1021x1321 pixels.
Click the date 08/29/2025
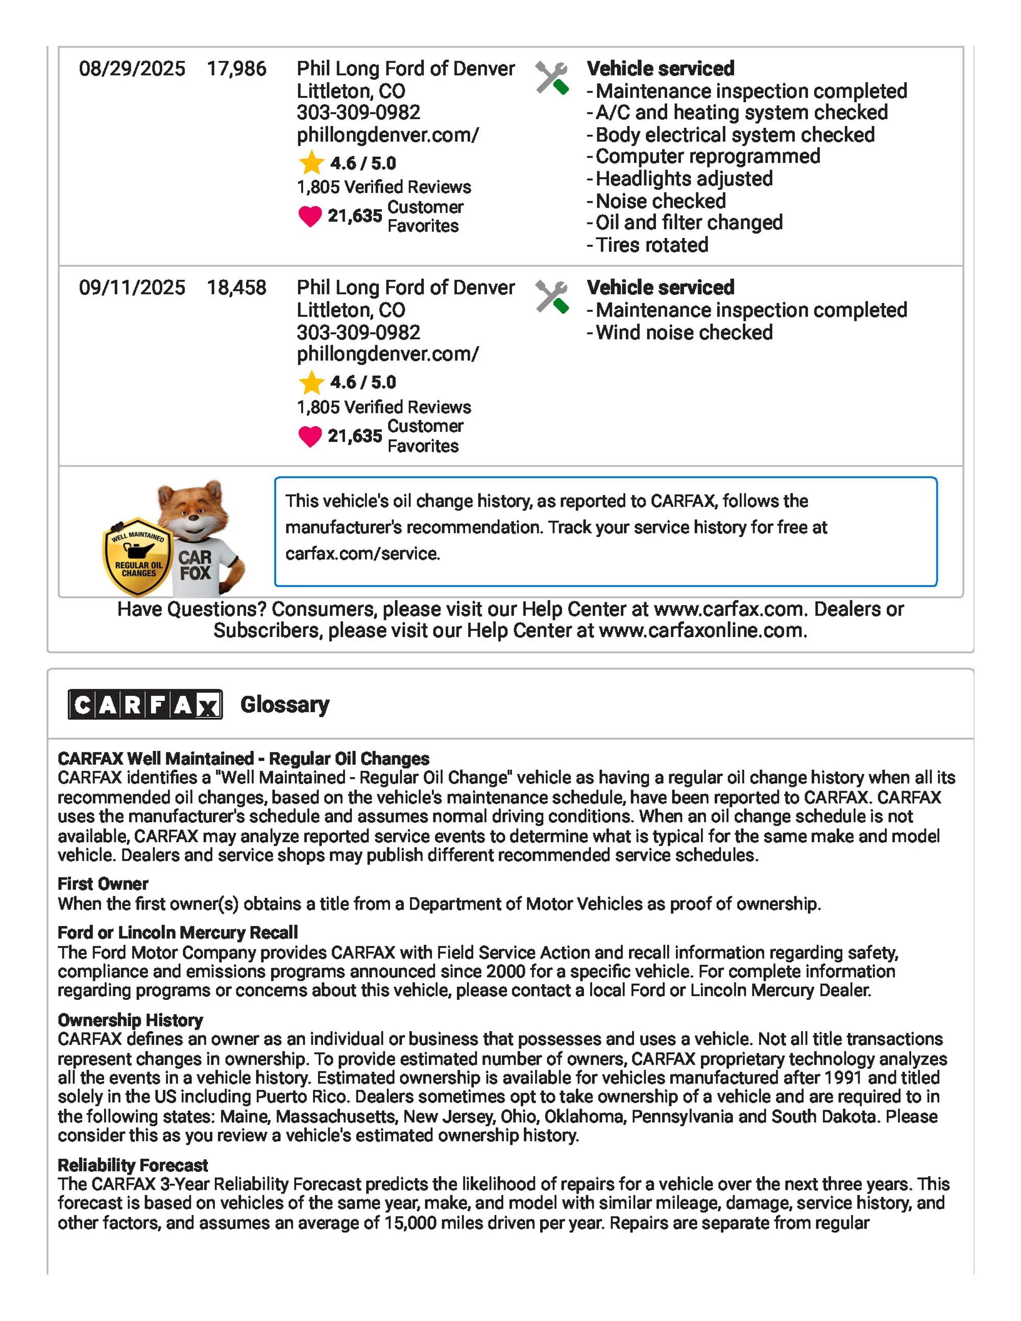point(132,68)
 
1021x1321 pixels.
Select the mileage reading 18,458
point(236,287)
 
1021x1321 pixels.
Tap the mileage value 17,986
point(236,68)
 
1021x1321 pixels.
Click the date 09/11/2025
point(132,287)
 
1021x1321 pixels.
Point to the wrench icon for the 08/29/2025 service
point(552,78)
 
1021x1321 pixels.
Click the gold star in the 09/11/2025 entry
point(311,382)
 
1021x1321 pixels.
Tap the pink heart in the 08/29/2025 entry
point(310,216)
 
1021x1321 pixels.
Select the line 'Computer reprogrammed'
point(708,156)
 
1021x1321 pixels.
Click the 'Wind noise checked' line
point(684,332)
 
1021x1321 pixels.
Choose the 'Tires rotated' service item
point(651,245)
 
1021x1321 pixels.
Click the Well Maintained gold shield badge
point(138,556)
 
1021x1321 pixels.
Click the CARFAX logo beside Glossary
point(145,705)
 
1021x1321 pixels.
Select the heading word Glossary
point(285,705)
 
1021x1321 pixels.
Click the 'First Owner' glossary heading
point(103,884)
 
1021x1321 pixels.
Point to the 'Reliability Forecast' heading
point(132,1165)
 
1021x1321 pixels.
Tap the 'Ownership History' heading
point(130,1020)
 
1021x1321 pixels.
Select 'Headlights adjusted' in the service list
point(684,179)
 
